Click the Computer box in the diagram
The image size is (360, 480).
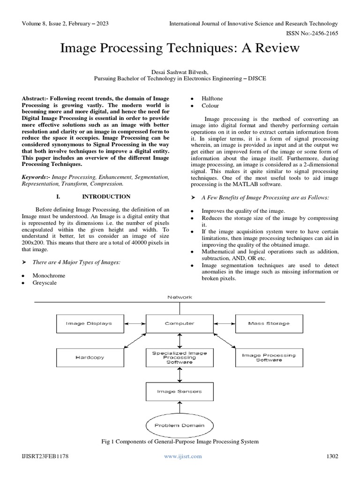[x=180, y=323]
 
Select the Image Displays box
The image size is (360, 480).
[x=89, y=323]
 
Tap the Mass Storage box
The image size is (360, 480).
[x=269, y=323]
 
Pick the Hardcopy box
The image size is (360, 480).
[x=89, y=357]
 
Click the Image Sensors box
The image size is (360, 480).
[x=180, y=390]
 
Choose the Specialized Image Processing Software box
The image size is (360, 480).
[x=180, y=357]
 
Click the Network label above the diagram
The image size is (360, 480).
[x=180, y=297]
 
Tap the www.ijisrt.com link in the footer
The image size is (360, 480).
[x=183, y=456]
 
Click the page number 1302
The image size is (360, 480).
[x=331, y=456]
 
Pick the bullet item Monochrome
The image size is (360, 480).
[x=49, y=276]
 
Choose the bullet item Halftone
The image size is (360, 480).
[x=212, y=98]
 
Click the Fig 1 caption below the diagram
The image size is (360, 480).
[x=180, y=442]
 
